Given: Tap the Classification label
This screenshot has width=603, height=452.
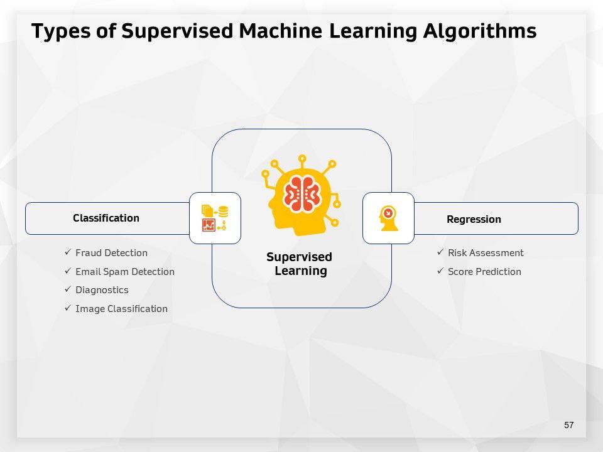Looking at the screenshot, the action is (106, 218).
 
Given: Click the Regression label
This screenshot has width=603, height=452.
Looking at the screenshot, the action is (474, 220).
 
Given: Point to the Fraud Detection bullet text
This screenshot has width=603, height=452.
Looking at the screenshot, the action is (111, 253).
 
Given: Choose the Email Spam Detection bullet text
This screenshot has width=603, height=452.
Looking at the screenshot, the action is (125, 272).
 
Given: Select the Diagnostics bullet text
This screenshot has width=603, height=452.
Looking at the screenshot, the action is (102, 290).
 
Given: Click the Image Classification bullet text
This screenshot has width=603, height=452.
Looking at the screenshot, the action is (121, 309).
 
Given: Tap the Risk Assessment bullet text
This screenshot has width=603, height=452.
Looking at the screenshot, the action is (486, 253).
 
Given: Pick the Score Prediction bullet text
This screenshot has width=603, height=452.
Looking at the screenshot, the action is (484, 272).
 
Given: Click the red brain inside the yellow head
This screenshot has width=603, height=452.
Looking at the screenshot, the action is (302, 193).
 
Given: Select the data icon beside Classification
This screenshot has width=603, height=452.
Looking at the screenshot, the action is (215, 218).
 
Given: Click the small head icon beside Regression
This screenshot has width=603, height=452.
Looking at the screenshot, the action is (389, 218).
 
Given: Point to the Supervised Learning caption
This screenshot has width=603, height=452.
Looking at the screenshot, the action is (300, 264).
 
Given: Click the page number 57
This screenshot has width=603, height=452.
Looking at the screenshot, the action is (568, 426).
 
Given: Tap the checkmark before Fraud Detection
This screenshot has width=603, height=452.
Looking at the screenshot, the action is (68, 252).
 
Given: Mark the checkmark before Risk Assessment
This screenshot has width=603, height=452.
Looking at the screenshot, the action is (440, 252).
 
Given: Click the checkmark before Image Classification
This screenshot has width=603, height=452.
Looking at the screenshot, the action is (68, 308).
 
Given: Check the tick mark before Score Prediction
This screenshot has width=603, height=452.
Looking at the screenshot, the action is (440, 271).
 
